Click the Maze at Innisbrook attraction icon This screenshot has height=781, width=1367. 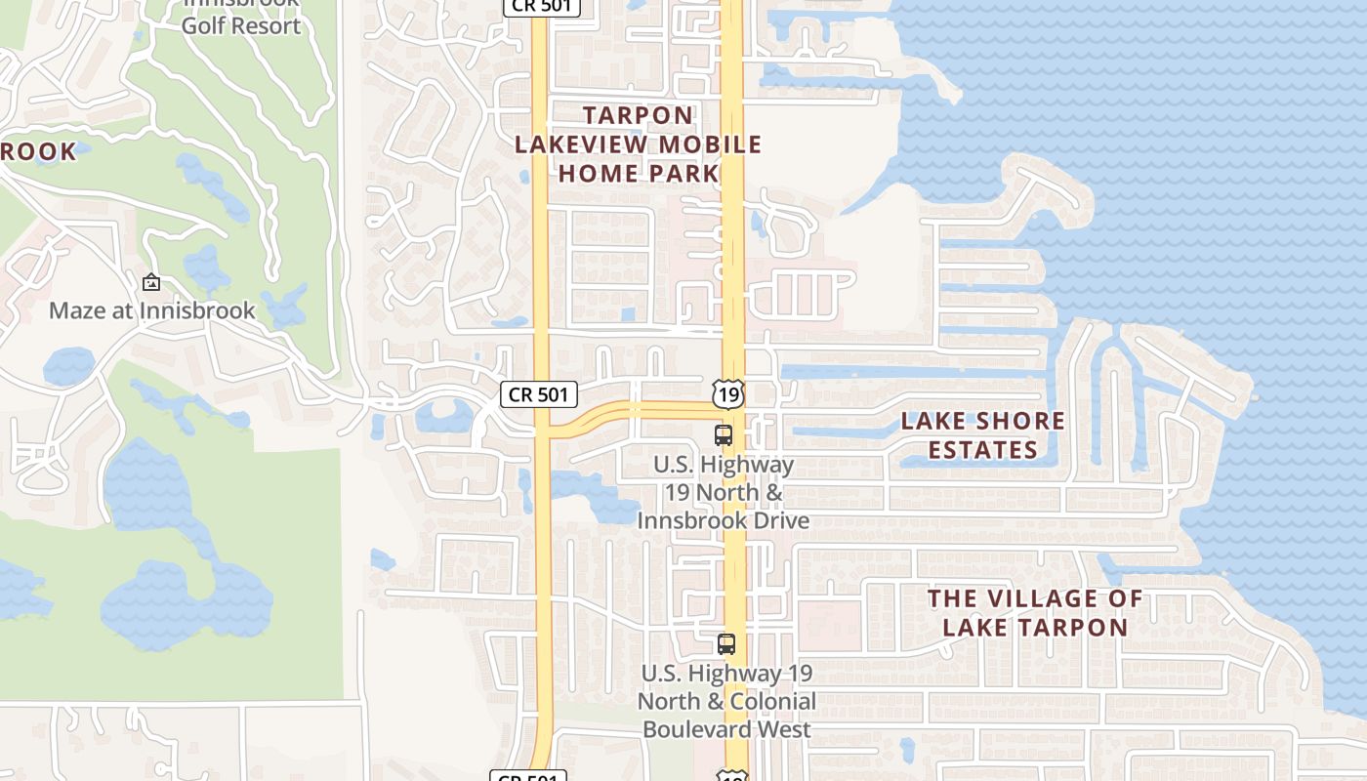pyautogui.click(x=151, y=283)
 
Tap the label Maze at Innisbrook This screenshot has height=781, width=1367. pyautogui.click(x=151, y=310)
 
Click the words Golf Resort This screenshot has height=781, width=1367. pyautogui.click(x=241, y=25)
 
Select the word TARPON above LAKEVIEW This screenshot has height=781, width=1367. pyautogui.click(x=639, y=115)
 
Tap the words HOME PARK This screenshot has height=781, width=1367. pyautogui.click(x=639, y=174)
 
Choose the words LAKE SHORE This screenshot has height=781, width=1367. pyautogui.click(x=982, y=421)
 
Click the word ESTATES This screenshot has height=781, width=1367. pyautogui.click(x=982, y=450)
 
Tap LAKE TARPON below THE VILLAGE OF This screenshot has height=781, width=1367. pyautogui.click(x=1035, y=627)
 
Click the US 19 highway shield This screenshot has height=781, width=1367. pyautogui.click(x=728, y=394)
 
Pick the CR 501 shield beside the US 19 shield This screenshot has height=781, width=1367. pyautogui.click(x=539, y=394)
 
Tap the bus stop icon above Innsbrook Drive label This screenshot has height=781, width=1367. pyautogui.click(x=724, y=435)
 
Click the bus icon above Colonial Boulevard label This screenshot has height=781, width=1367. pyautogui.click(x=726, y=644)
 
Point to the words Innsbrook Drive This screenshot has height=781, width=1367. pyautogui.click(x=724, y=520)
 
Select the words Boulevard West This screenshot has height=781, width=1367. pyautogui.click(x=726, y=729)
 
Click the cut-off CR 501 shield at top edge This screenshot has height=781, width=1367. pyautogui.click(x=542, y=6)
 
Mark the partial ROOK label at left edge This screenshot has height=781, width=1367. pyautogui.click(x=37, y=151)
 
